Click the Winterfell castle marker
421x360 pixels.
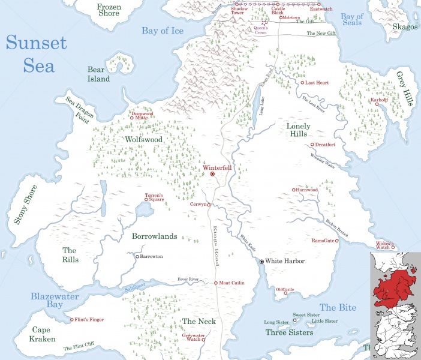pyautogui.click(x=212, y=174)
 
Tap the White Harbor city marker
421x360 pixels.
pyautogui.click(x=261, y=262)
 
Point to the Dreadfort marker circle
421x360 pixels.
pyautogui.click(x=312, y=145)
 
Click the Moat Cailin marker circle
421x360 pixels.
pyautogui.click(x=216, y=283)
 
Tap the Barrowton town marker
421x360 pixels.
pyautogui.click(x=137, y=256)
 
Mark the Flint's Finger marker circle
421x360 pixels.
pyautogui.click(x=71, y=320)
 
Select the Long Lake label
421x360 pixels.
pyautogui.click(x=262, y=111)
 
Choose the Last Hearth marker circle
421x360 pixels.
pyautogui.click(x=302, y=83)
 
